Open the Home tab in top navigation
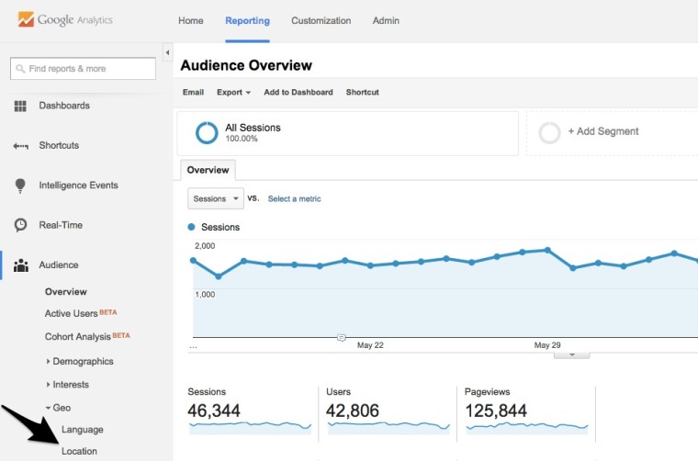tap(191, 20)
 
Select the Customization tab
tap(321, 20)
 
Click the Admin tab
tap(385, 20)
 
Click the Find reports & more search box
tap(83, 69)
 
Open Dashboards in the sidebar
tap(64, 106)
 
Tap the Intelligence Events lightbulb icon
tap(20, 186)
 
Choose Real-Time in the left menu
tap(61, 225)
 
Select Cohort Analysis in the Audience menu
tap(78, 336)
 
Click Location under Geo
tap(79, 451)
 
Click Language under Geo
tap(82, 429)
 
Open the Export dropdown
tap(233, 92)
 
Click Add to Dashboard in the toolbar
tap(298, 92)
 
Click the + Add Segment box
tap(603, 131)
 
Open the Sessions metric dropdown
tap(215, 198)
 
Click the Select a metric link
tap(294, 198)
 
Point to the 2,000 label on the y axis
tap(204, 246)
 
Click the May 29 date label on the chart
tap(547, 345)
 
